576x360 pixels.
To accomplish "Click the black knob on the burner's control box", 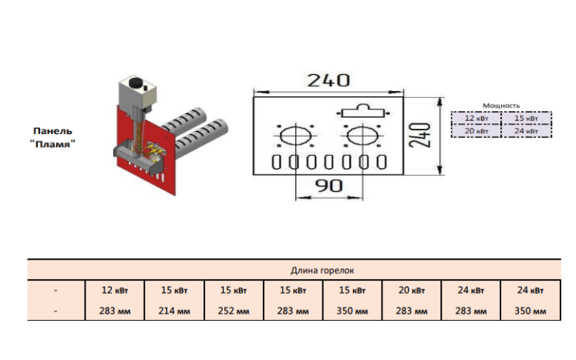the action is click(136, 82).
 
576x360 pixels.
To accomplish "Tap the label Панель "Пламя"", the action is click(52, 137).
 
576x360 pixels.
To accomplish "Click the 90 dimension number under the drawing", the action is click(328, 186).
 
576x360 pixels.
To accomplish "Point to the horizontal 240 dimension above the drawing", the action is click(328, 80).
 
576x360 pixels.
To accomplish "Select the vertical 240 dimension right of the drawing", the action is click(420, 136).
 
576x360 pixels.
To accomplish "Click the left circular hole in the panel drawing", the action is click(296, 135).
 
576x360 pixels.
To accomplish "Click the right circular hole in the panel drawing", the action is click(362, 135).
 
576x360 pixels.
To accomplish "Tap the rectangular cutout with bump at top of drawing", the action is click(363, 110).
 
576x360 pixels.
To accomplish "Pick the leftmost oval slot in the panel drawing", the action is click(276, 162).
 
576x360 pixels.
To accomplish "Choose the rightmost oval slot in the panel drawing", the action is click(382, 162).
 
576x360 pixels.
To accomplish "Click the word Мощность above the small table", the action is click(501, 106).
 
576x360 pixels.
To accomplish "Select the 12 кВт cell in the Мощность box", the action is click(476, 118).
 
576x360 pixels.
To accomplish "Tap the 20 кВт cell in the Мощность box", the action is click(476, 131).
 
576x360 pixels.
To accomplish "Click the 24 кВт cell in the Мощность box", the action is click(526, 131).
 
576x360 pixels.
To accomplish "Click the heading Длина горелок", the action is click(322, 271).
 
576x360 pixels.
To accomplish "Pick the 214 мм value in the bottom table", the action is click(174, 311).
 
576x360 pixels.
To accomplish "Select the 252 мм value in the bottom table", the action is click(234, 311).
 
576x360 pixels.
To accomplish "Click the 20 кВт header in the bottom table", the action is click(412, 290).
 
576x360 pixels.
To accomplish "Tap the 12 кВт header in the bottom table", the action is click(115, 290).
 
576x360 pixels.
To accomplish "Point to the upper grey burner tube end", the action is click(197, 115).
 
